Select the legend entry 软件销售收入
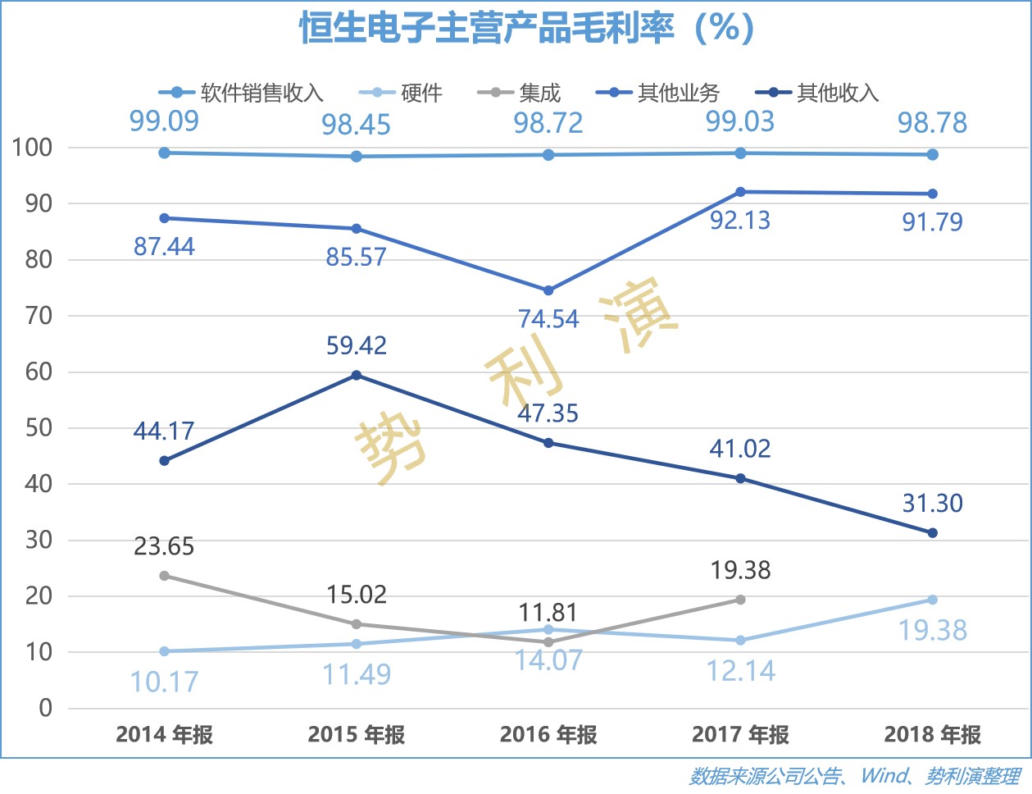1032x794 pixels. (261, 93)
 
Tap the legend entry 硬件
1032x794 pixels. (421, 93)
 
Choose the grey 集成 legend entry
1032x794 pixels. (539, 93)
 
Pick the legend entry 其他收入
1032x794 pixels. (837, 93)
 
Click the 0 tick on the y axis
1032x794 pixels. (46, 708)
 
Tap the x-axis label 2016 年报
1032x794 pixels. (548, 734)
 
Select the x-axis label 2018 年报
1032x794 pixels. (932, 734)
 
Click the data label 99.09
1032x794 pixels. (164, 121)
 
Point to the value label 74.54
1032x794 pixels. (548, 319)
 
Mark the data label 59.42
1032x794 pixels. (357, 346)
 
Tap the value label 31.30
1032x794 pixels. (932, 503)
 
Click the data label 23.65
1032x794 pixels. (164, 546)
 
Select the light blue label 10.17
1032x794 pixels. (164, 682)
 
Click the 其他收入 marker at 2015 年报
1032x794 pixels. (357, 376)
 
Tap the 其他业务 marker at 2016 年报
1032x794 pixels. (548, 290)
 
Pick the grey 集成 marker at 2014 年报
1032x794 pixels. (164, 576)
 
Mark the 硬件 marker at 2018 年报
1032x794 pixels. (932, 600)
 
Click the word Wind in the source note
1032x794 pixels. (884, 776)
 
